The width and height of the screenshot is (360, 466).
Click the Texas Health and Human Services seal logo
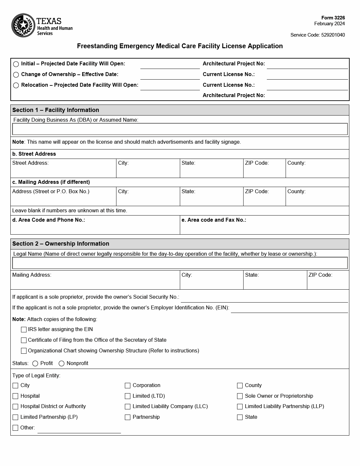coord(23,25)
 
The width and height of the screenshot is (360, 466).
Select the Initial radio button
coord(16,64)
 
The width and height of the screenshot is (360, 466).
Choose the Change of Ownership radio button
coord(16,75)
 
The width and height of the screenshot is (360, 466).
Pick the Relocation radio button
coord(16,85)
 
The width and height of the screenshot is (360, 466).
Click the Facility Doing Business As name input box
coord(180,129)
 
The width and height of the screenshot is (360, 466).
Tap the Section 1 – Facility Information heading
coord(56,110)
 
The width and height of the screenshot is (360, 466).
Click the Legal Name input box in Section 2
coord(180,263)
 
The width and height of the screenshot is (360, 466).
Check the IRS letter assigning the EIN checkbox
coord(24,330)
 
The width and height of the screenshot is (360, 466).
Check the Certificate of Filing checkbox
coord(24,340)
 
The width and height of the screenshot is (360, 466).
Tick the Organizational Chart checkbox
coord(24,351)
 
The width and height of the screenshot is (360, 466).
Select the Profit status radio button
coord(35,364)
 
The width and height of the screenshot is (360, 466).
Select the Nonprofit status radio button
coord(61,364)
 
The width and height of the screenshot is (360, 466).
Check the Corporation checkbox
coord(127,386)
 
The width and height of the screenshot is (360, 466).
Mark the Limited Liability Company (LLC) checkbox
coord(127,407)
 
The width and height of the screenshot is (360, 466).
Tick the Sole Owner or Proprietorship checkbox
coord(240,396)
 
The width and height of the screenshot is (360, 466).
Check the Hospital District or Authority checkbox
coord(15,407)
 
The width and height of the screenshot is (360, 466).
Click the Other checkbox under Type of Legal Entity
coord(15,428)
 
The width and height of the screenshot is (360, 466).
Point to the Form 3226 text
coord(333,18)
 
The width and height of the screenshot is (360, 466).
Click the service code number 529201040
coord(333,35)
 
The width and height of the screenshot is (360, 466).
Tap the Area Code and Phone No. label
coord(49,220)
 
